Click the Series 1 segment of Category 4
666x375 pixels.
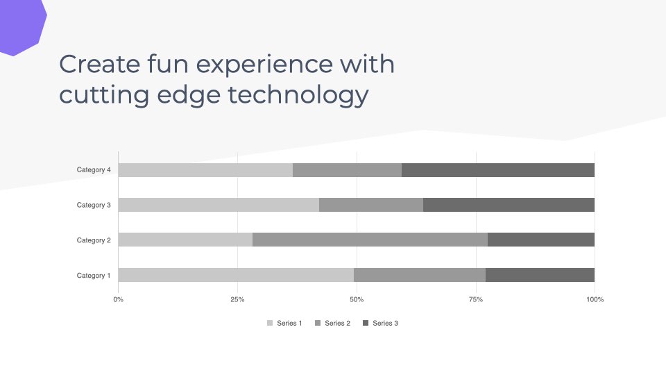tap(205, 170)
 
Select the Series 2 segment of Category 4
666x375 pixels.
tap(348, 170)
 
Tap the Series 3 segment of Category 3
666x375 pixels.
tap(509, 205)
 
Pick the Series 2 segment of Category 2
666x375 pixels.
tap(370, 240)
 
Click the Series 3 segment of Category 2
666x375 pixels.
tap(541, 240)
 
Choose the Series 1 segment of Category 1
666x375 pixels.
tap(236, 275)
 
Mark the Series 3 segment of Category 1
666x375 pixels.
tap(540, 275)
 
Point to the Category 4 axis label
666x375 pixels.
tap(94, 169)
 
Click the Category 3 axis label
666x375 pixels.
tap(94, 205)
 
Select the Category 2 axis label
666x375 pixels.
tap(94, 240)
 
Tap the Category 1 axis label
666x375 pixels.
tap(94, 276)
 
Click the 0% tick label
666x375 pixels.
tap(119, 299)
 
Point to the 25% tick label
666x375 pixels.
tap(237, 299)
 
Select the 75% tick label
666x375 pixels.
tap(476, 299)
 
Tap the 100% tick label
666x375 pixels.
tap(595, 299)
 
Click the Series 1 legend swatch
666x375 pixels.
tap(270, 323)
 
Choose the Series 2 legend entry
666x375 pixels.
tap(332, 323)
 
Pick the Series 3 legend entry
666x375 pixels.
tap(381, 323)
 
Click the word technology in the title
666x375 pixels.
tap(298, 94)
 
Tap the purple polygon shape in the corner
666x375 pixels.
tap(20, 26)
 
